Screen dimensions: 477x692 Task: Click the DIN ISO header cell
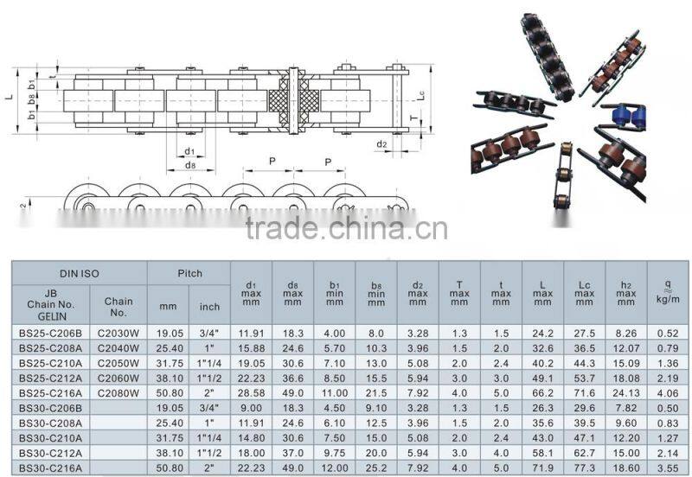tap(79, 273)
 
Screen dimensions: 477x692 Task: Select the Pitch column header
tap(189, 273)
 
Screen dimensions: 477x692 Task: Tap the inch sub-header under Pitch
tap(210, 306)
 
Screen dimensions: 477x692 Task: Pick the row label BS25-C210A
tap(50, 363)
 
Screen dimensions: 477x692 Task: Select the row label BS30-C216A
tap(50, 466)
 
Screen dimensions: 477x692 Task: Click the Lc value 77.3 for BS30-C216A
tap(584, 466)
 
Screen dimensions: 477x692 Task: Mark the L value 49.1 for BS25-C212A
tap(542, 378)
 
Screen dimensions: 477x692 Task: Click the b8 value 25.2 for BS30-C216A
tap(376, 466)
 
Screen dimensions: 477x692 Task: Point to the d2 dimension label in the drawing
tap(381, 143)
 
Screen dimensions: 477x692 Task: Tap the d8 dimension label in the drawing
tap(189, 165)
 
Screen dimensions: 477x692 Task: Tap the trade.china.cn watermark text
tap(346, 229)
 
